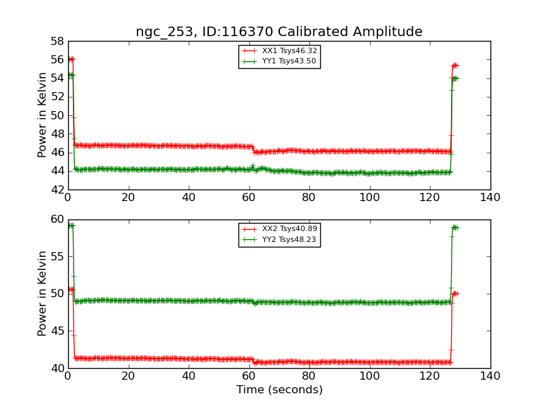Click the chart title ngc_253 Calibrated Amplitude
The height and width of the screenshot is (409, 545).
click(x=279, y=32)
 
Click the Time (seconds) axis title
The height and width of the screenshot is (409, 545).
click(x=279, y=390)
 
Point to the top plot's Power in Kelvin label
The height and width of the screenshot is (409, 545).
click(x=43, y=115)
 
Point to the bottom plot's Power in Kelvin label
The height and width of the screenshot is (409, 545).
click(x=43, y=294)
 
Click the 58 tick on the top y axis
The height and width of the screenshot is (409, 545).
click(x=57, y=41)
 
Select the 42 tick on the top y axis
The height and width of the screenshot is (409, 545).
click(x=57, y=190)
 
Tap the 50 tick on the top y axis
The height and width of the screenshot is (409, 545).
click(x=57, y=115)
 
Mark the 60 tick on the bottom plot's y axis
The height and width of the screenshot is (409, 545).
click(x=57, y=219)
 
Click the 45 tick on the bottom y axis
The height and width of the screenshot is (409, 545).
click(x=57, y=331)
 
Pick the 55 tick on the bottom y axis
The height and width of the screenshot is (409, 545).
click(x=57, y=257)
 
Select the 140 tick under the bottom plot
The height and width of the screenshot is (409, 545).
click(x=490, y=376)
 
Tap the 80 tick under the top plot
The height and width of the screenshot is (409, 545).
click(x=309, y=197)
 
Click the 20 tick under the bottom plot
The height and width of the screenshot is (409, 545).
click(x=128, y=376)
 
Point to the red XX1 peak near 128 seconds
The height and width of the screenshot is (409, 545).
click(x=454, y=65)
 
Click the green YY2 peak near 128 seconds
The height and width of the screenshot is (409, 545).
click(x=454, y=227)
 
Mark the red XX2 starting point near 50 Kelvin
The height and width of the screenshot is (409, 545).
click(x=70, y=290)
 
